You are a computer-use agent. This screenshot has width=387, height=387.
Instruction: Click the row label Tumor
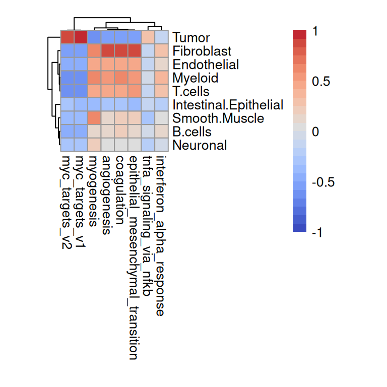click(191, 38)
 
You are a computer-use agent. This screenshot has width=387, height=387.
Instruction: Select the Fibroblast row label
click(202, 51)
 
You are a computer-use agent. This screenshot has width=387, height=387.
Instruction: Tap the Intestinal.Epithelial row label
click(228, 105)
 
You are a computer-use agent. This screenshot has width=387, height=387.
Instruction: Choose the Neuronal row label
click(200, 146)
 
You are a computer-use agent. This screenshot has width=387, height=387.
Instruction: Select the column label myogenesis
click(93, 188)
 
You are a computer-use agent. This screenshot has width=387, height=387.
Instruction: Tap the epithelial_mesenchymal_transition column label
click(134, 257)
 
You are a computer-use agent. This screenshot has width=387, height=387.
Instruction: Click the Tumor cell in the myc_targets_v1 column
click(81, 38)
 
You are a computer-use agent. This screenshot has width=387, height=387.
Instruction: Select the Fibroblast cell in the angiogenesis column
click(107, 51)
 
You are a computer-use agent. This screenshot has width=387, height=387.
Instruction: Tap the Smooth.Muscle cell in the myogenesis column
click(94, 118)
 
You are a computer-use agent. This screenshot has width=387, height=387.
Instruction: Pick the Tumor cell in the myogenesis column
click(94, 38)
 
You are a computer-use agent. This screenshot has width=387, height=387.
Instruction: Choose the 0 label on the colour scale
click(316, 132)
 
